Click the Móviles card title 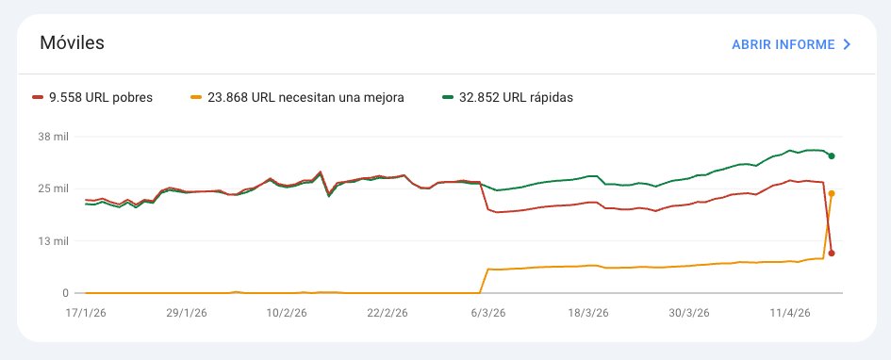pos(72,43)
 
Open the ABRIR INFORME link pos(783,44)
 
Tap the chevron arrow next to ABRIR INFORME pos(847,44)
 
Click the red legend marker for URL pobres pos(38,97)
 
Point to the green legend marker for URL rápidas pos(448,97)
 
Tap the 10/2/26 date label pos(289,312)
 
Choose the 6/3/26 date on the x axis pos(487,312)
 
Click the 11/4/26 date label pos(792,312)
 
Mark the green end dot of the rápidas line pos(831,155)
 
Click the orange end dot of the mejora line pos(831,193)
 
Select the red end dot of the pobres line pos(831,253)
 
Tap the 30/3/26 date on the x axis pos(689,312)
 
